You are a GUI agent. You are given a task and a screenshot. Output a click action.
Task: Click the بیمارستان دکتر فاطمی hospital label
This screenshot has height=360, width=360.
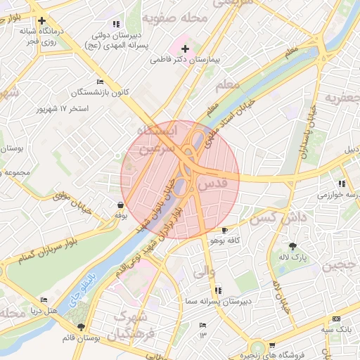[x=186, y=61]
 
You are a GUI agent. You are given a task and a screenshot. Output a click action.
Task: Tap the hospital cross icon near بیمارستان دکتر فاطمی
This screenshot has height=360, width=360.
[x=185, y=49]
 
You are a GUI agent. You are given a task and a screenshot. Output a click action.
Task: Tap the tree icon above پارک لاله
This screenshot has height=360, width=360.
[x=292, y=245]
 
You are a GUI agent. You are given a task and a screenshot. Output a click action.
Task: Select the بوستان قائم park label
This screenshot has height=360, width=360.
[x=81, y=338]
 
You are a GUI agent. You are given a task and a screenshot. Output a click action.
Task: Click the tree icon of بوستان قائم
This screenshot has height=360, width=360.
[x=82, y=328]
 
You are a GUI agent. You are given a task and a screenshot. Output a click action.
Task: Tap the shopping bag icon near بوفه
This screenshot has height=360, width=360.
[x=120, y=205]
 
